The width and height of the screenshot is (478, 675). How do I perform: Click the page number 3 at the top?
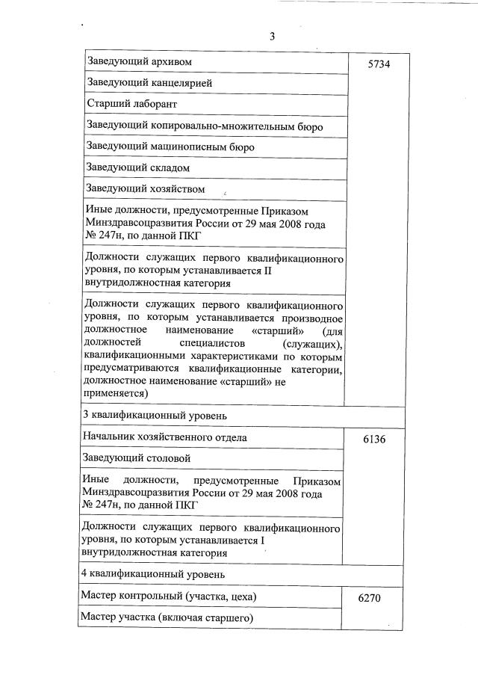[273, 34]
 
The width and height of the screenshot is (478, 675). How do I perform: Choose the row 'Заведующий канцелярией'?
[149, 83]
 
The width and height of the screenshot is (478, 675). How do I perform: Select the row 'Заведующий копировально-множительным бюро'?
[205, 126]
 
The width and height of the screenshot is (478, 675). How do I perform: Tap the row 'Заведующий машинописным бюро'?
[170, 147]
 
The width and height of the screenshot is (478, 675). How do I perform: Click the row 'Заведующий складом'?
[137, 167]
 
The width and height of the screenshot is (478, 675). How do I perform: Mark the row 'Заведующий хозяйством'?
[145, 188]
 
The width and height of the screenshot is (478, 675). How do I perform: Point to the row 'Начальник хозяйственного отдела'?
[166, 437]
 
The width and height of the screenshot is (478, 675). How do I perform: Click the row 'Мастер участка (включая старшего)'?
[168, 617]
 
